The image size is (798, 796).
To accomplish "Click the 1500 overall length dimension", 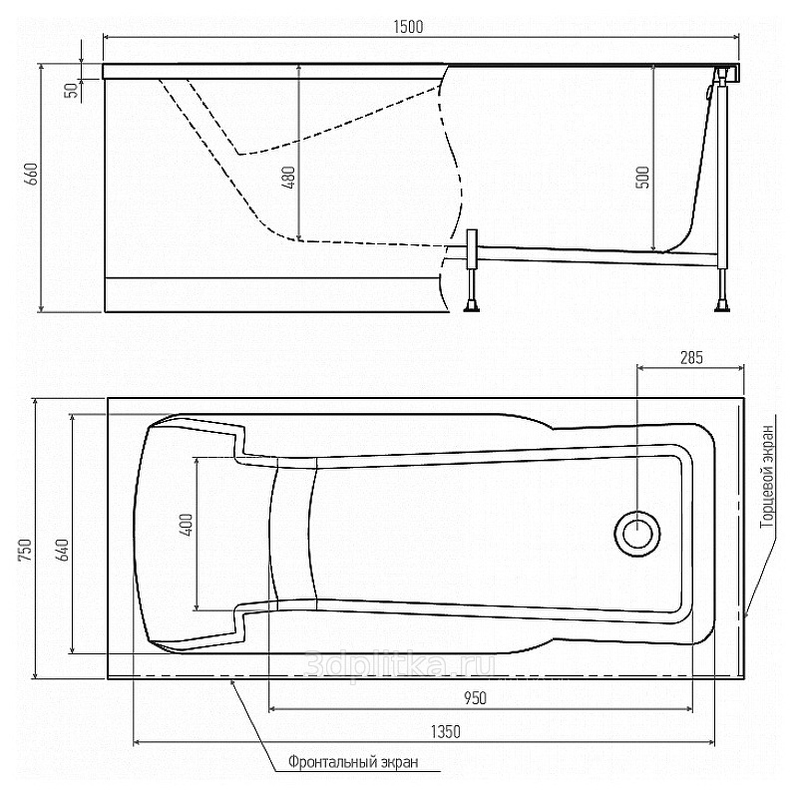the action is coord(408,27).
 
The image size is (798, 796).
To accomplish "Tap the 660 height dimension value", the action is coord(32,174).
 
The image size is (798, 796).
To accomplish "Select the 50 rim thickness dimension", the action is coord(73,90).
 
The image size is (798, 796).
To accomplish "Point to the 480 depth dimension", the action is coord(288,178).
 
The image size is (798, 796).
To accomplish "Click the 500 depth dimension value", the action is coord(642,178).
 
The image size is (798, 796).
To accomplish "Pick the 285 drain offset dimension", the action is coord(691,358).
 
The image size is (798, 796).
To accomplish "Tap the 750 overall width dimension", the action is coord(25,551).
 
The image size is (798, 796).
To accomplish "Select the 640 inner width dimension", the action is coord(62,551).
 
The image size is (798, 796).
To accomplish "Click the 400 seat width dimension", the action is coord(187,526).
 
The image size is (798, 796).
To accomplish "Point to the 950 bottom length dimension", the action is coord(475,698).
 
